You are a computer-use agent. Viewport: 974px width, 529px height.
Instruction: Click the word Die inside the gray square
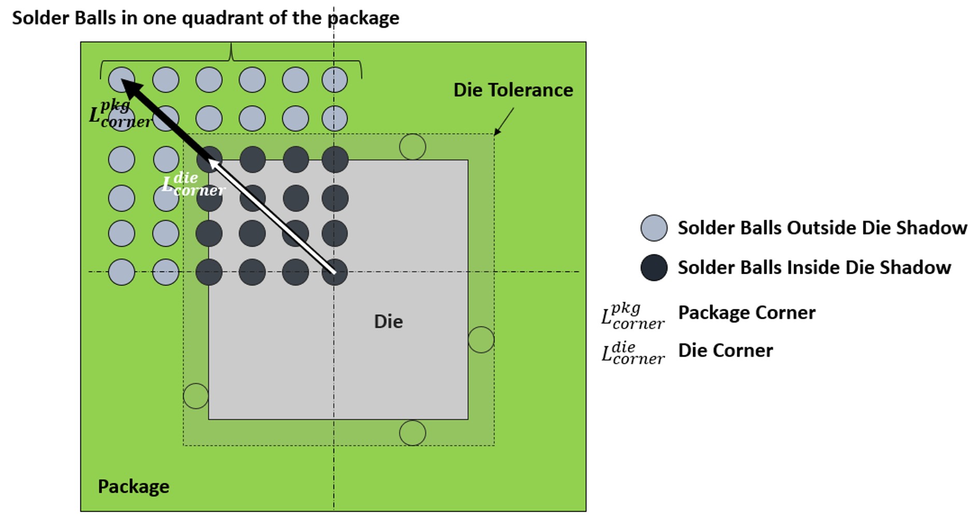pos(388,322)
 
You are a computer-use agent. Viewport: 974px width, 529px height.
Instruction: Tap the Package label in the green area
pos(133,487)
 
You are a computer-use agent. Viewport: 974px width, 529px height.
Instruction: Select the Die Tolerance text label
pos(513,90)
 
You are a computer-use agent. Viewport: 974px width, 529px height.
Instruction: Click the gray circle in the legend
pos(654,228)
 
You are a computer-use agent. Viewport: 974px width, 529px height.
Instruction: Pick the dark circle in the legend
pos(654,267)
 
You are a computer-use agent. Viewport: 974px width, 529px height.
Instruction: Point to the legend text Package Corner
pos(746,312)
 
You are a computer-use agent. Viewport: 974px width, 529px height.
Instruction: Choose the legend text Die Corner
pos(725,350)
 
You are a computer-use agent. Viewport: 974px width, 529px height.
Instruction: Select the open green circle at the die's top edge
pos(413,147)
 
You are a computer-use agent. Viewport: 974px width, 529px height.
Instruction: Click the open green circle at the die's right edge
pos(481,340)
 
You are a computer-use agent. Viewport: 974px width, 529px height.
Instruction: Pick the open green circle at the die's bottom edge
pos(413,433)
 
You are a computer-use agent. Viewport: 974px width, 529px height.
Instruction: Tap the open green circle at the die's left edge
pos(196,396)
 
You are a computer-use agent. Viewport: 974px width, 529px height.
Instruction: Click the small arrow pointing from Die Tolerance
pos(503,122)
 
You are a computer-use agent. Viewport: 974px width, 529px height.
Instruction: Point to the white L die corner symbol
pos(193,184)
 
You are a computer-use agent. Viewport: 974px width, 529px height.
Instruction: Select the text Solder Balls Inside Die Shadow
pos(814,267)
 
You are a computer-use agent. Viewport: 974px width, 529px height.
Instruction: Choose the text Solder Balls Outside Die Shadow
pos(822,228)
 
